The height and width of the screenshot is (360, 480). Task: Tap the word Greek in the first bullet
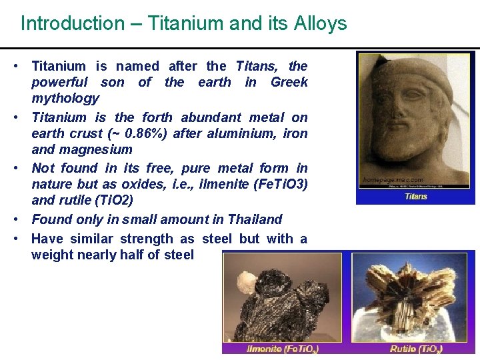[x=289, y=82]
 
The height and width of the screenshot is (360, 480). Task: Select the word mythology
[x=65, y=99]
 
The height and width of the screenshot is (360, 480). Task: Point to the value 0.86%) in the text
[x=146, y=133]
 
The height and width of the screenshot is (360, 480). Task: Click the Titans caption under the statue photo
[x=416, y=197]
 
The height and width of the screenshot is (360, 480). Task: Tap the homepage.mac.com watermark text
[x=393, y=180]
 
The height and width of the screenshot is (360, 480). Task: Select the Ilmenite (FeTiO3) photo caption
[x=283, y=349]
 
